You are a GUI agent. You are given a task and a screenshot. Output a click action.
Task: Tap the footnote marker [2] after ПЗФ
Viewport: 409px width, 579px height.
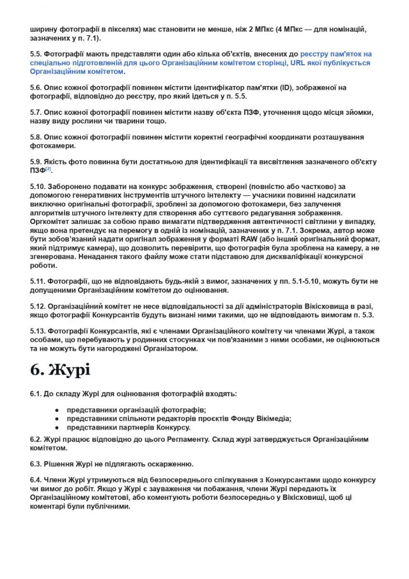(x=48, y=169)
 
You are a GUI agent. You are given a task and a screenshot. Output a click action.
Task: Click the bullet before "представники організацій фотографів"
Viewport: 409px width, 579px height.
(x=57, y=410)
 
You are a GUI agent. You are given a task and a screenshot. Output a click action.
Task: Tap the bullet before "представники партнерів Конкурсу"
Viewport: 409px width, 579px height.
(x=57, y=427)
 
